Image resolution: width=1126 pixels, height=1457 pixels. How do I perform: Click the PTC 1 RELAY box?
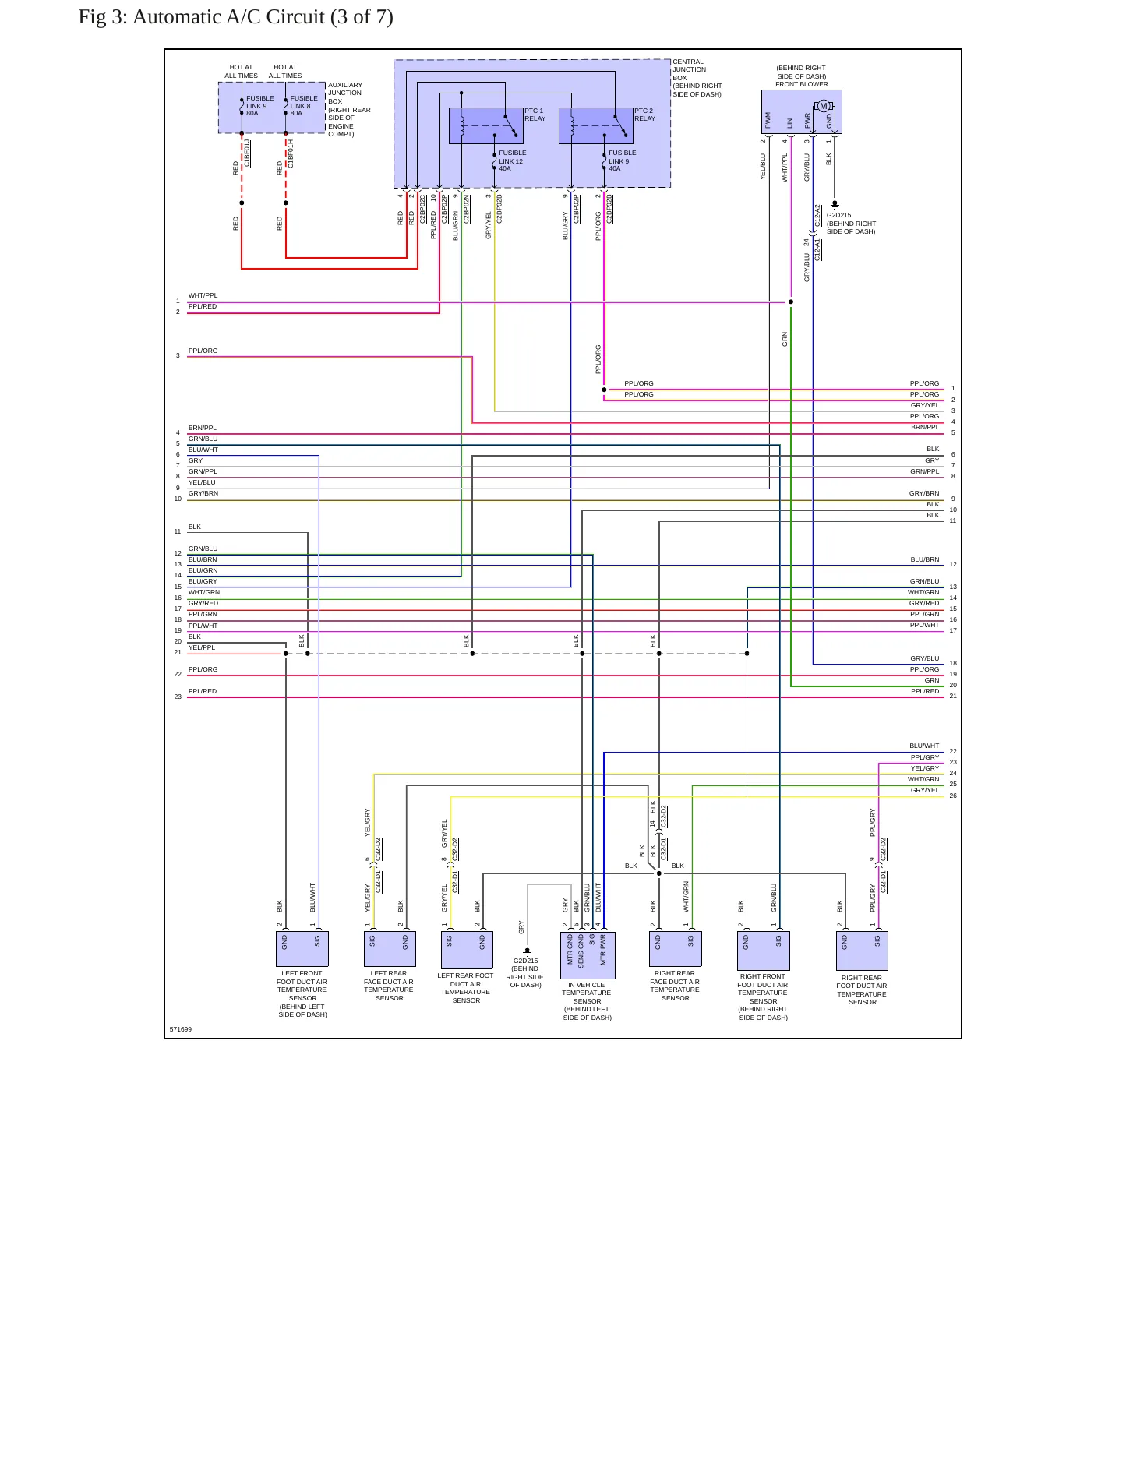point(485,125)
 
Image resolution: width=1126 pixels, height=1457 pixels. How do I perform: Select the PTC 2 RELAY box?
point(595,125)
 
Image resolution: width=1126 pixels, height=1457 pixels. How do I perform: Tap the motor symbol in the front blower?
point(824,106)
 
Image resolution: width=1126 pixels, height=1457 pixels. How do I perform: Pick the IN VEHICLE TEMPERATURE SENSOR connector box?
point(588,955)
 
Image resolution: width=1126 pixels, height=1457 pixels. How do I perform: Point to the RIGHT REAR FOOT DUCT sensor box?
point(862,951)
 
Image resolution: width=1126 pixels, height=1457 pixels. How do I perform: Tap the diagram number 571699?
point(181,1029)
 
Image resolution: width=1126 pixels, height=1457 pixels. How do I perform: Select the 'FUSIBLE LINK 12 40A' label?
point(512,161)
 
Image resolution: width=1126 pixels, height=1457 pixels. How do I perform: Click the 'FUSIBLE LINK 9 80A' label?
point(259,106)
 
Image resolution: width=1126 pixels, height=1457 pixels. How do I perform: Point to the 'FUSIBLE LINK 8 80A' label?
point(304,106)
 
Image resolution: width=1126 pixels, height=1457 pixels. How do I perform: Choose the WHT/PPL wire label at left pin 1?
point(203,295)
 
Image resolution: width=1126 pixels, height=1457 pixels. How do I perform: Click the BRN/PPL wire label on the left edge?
point(203,428)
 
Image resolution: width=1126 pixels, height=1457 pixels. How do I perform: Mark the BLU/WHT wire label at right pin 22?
point(924,746)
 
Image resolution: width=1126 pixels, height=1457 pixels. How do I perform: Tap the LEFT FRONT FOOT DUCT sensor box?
point(302,949)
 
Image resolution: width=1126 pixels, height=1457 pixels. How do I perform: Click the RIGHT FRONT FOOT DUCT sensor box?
point(764,951)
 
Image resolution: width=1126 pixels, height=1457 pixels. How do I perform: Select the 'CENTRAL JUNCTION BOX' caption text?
point(697,78)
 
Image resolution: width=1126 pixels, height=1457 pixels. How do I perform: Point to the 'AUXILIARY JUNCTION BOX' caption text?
point(349,110)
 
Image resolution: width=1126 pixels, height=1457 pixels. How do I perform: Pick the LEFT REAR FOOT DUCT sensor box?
point(467,950)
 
